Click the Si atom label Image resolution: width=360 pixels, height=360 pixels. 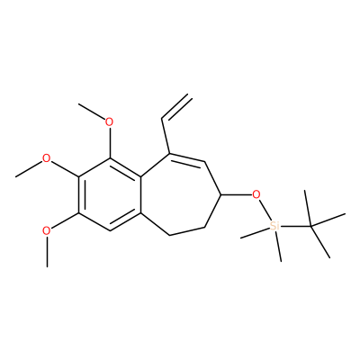click(x=274, y=226)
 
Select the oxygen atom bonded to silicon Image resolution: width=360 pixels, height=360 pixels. click(x=256, y=194)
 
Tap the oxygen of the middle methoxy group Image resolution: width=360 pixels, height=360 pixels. click(x=46, y=158)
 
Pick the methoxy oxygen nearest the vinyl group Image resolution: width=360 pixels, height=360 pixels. click(x=109, y=122)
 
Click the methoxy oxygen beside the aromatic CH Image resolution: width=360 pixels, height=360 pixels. click(x=46, y=231)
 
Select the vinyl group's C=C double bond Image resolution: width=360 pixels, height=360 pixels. click(x=176, y=108)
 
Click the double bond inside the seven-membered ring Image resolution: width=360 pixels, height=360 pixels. click(x=187, y=158)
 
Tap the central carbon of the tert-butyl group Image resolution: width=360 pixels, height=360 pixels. click(x=310, y=226)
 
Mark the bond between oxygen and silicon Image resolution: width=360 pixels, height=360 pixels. click(x=264, y=209)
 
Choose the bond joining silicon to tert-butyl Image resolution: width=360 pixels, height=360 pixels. click(x=295, y=226)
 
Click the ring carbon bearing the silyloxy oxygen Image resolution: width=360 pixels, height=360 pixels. click(x=220, y=194)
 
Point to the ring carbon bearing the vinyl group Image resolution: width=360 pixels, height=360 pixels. click(x=169, y=154)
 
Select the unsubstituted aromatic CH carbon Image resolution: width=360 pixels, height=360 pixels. click(x=110, y=230)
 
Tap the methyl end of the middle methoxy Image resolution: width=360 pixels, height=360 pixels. click(x=15, y=176)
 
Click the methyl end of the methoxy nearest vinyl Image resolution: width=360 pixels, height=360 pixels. click(x=78, y=104)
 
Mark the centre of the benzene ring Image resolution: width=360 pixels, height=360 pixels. click(x=110, y=194)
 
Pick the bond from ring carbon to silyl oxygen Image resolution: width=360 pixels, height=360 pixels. click(x=237, y=194)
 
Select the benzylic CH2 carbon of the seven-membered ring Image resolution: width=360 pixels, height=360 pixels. click(x=169, y=235)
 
